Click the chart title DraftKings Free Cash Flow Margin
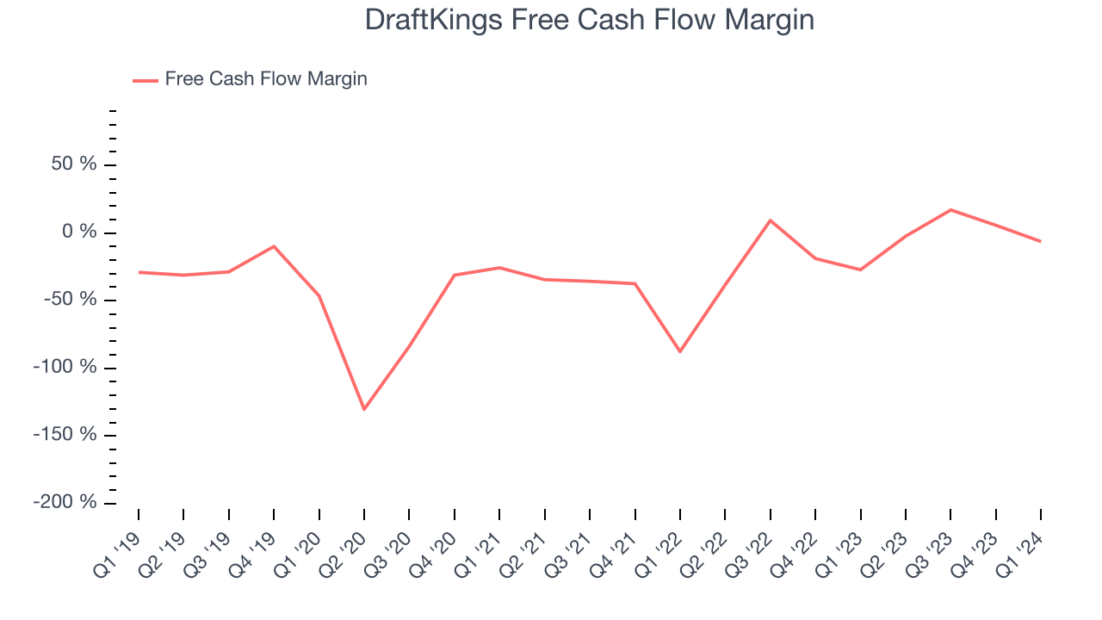pyautogui.click(x=590, y=20)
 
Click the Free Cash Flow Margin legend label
pyautogui.click(x=266, y=79)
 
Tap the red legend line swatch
pyautogui.click(x=145, y=80)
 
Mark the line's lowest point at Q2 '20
pyautogui.click(x=364, y=409)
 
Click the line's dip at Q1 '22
pyautogui.click(x=680, y=351)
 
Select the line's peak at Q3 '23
pyautogui.click(x=950, y=209)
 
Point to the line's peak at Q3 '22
pyautogui.click(x=771, y=220)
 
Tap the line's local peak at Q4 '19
pyautogui.click(x=274, y=246)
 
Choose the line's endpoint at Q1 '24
pyautogui.click(x=1041, y=241)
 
